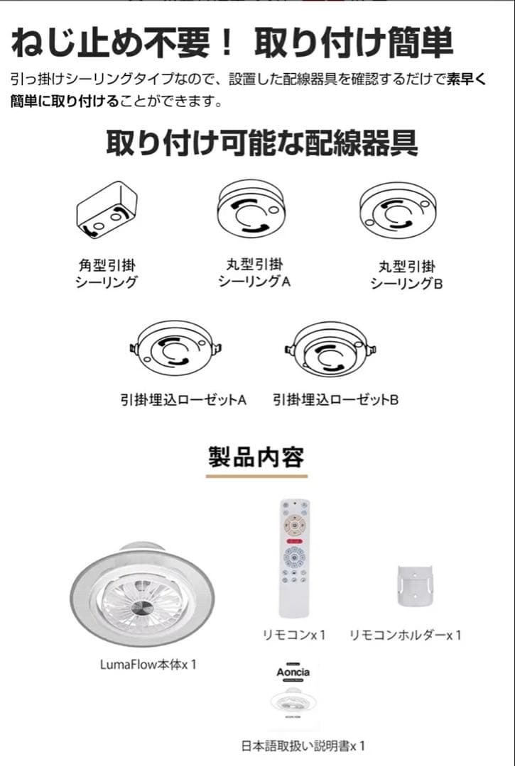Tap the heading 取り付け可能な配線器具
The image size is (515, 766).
point(262,143)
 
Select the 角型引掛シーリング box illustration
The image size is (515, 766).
point(107,211)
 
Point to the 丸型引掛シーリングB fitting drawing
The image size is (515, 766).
point(398,210)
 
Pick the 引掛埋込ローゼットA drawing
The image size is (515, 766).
point(175,349)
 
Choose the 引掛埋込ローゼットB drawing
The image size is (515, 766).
point(330,349)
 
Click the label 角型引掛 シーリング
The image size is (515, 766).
point(106,274)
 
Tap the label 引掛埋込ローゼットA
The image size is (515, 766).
point(184,401)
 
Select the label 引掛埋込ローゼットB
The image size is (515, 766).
point(336,401)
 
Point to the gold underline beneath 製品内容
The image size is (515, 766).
point(256,475)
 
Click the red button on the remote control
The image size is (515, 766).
point(294,540)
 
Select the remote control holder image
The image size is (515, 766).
point(416,587)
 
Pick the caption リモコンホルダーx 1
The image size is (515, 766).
point(406,635)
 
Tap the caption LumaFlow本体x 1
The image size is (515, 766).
point(148,665)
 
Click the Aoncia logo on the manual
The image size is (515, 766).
point(293,672)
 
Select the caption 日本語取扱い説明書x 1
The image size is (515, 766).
point(304,746)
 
